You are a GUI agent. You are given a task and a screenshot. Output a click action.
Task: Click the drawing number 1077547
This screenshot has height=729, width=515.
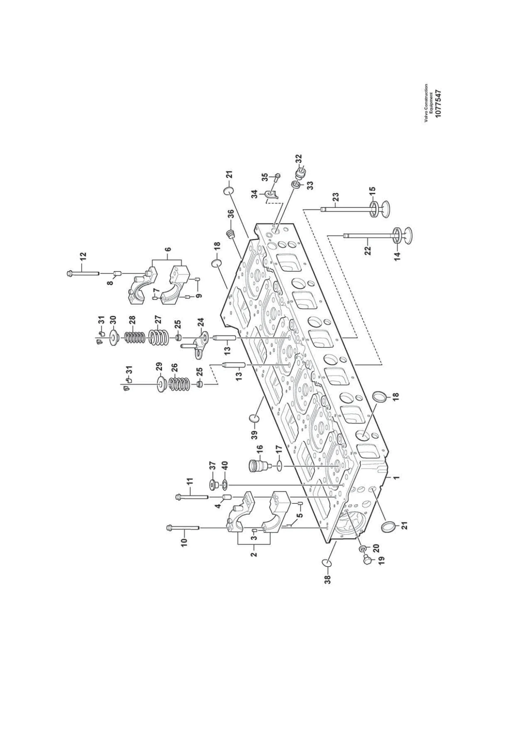coord(438,104)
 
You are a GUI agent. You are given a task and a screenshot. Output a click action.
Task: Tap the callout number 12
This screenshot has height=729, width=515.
coord(83,256)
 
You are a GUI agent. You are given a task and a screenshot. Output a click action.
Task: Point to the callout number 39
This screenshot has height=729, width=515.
coord(254,437)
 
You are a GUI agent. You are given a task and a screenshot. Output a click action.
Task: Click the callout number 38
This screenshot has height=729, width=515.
coord(328,579)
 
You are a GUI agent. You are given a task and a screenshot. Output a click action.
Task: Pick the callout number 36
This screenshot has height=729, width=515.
coord(231,213)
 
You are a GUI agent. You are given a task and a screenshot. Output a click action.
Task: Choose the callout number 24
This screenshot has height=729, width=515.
coord(201,322)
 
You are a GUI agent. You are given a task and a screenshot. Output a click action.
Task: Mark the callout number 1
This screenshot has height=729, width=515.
coord(397,478)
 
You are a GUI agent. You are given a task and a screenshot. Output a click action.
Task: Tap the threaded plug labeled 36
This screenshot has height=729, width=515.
coord(230,234)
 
